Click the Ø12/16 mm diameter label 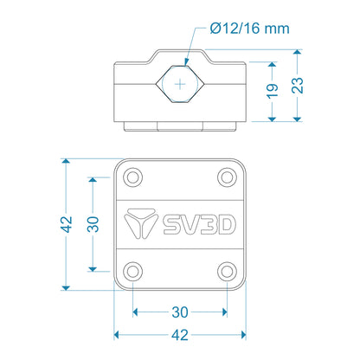249,29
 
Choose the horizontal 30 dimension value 180,312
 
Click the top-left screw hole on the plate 133,177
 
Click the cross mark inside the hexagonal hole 180,85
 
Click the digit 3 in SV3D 206,224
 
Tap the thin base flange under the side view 180,126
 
